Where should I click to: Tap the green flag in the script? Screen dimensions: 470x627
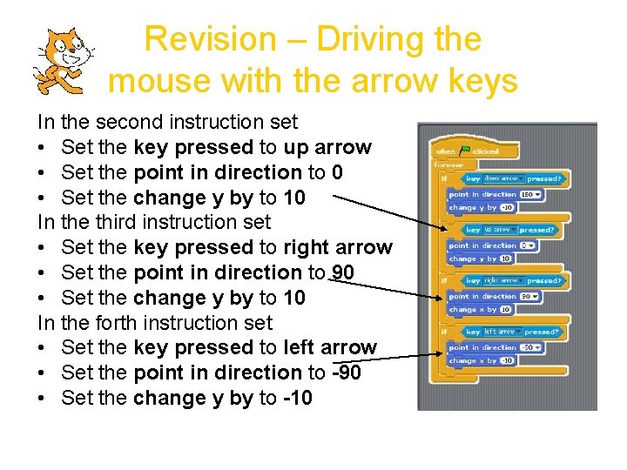pos(464,151)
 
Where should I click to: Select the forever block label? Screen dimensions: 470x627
pos(451,164)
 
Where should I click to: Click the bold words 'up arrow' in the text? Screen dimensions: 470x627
pos(327,147)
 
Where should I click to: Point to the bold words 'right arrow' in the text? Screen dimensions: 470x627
pos(338,247)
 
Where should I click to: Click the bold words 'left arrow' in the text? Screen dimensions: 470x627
pos(330,347)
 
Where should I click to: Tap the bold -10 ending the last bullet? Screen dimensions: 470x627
pos(297,398)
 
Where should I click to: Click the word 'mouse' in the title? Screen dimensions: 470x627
pos(160,81)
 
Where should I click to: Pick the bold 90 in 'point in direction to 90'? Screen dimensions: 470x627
pos(343,272)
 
